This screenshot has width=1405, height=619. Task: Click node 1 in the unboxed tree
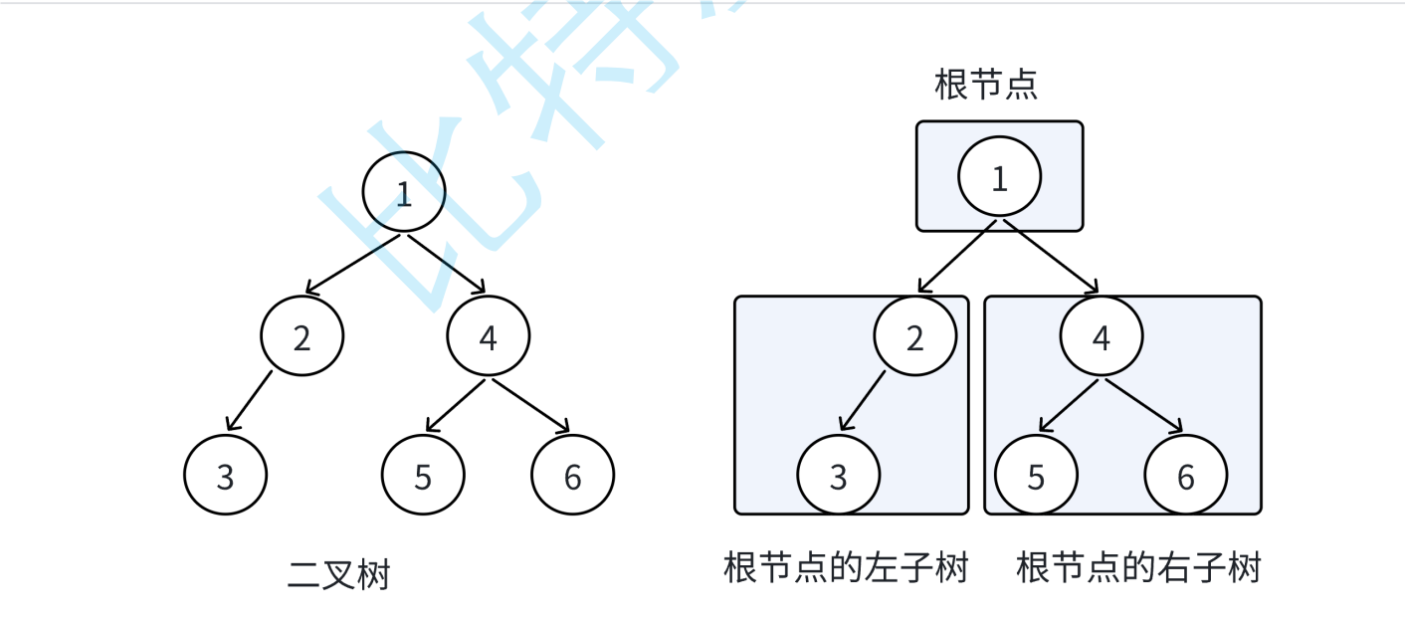coord(403,193)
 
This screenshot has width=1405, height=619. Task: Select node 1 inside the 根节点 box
coord(999,178)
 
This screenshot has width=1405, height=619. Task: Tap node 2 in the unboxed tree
coord(302,338)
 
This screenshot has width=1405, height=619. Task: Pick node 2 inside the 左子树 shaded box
coord(914,338)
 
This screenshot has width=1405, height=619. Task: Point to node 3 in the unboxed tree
coord(226,477)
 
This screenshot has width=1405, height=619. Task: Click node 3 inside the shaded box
coord(838,477)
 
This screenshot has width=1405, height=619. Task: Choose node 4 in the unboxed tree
coord(488,338)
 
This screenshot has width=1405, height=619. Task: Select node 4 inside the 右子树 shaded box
coord(1101,338)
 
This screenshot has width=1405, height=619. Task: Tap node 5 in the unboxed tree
coord(423,477)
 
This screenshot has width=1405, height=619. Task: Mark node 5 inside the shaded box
coord(1036,477)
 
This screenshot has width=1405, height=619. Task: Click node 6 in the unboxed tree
coord(572,477)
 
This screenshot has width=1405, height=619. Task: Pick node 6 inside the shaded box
coord(1185,477)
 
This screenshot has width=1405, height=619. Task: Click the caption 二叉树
coord(339,575)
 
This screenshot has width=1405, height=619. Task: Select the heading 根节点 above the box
coord(986,85)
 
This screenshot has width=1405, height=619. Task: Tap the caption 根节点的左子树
coord(846,568)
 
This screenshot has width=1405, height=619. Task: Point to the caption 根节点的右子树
coord(1138,568)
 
